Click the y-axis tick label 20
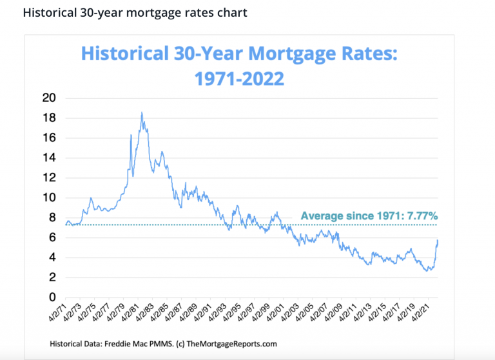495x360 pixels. tap(50, 98)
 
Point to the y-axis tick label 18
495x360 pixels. tap(50, 118)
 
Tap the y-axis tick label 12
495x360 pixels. tap(50, 178)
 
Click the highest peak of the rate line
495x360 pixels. tap(141, 113)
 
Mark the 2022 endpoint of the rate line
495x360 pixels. tap(438, 240)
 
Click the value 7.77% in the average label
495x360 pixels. tap(422, 216)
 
